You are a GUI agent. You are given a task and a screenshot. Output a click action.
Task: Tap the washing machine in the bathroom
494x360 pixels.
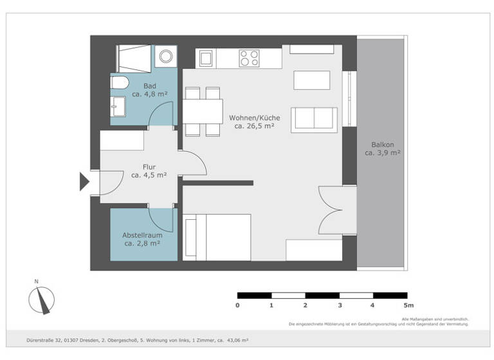point(167,55)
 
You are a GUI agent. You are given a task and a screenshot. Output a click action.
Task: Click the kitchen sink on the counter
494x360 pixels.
point(205,59)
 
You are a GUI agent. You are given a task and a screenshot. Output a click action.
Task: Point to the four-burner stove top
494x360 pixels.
point(249,59)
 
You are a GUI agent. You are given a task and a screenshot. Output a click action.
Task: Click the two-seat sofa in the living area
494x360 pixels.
point(314,119)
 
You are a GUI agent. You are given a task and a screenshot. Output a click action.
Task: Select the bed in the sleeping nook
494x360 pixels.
point(217,237)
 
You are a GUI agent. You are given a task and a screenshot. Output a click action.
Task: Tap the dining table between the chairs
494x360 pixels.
point(203,111)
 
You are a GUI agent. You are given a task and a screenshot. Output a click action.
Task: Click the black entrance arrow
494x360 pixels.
point(84,182)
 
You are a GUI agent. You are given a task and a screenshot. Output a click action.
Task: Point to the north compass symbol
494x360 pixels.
point(42,299)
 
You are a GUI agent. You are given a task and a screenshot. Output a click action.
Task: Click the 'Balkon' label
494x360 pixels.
point(382,144)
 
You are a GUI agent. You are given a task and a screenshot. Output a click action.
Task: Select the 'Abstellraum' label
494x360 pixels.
point(142,235)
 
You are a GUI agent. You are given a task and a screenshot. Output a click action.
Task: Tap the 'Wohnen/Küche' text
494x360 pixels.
point(254,118)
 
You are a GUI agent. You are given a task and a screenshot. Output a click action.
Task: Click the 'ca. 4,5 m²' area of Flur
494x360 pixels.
point(149,175)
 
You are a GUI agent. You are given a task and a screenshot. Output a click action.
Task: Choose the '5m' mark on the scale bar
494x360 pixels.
point(408,305)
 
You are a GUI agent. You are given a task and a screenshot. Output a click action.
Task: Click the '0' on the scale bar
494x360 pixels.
point(238,305)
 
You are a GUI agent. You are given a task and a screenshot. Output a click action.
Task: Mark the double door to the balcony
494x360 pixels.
point(336,211)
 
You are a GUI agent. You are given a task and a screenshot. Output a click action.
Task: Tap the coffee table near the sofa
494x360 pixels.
point(311,80)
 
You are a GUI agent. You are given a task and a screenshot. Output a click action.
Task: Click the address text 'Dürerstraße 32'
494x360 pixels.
point(47,339)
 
